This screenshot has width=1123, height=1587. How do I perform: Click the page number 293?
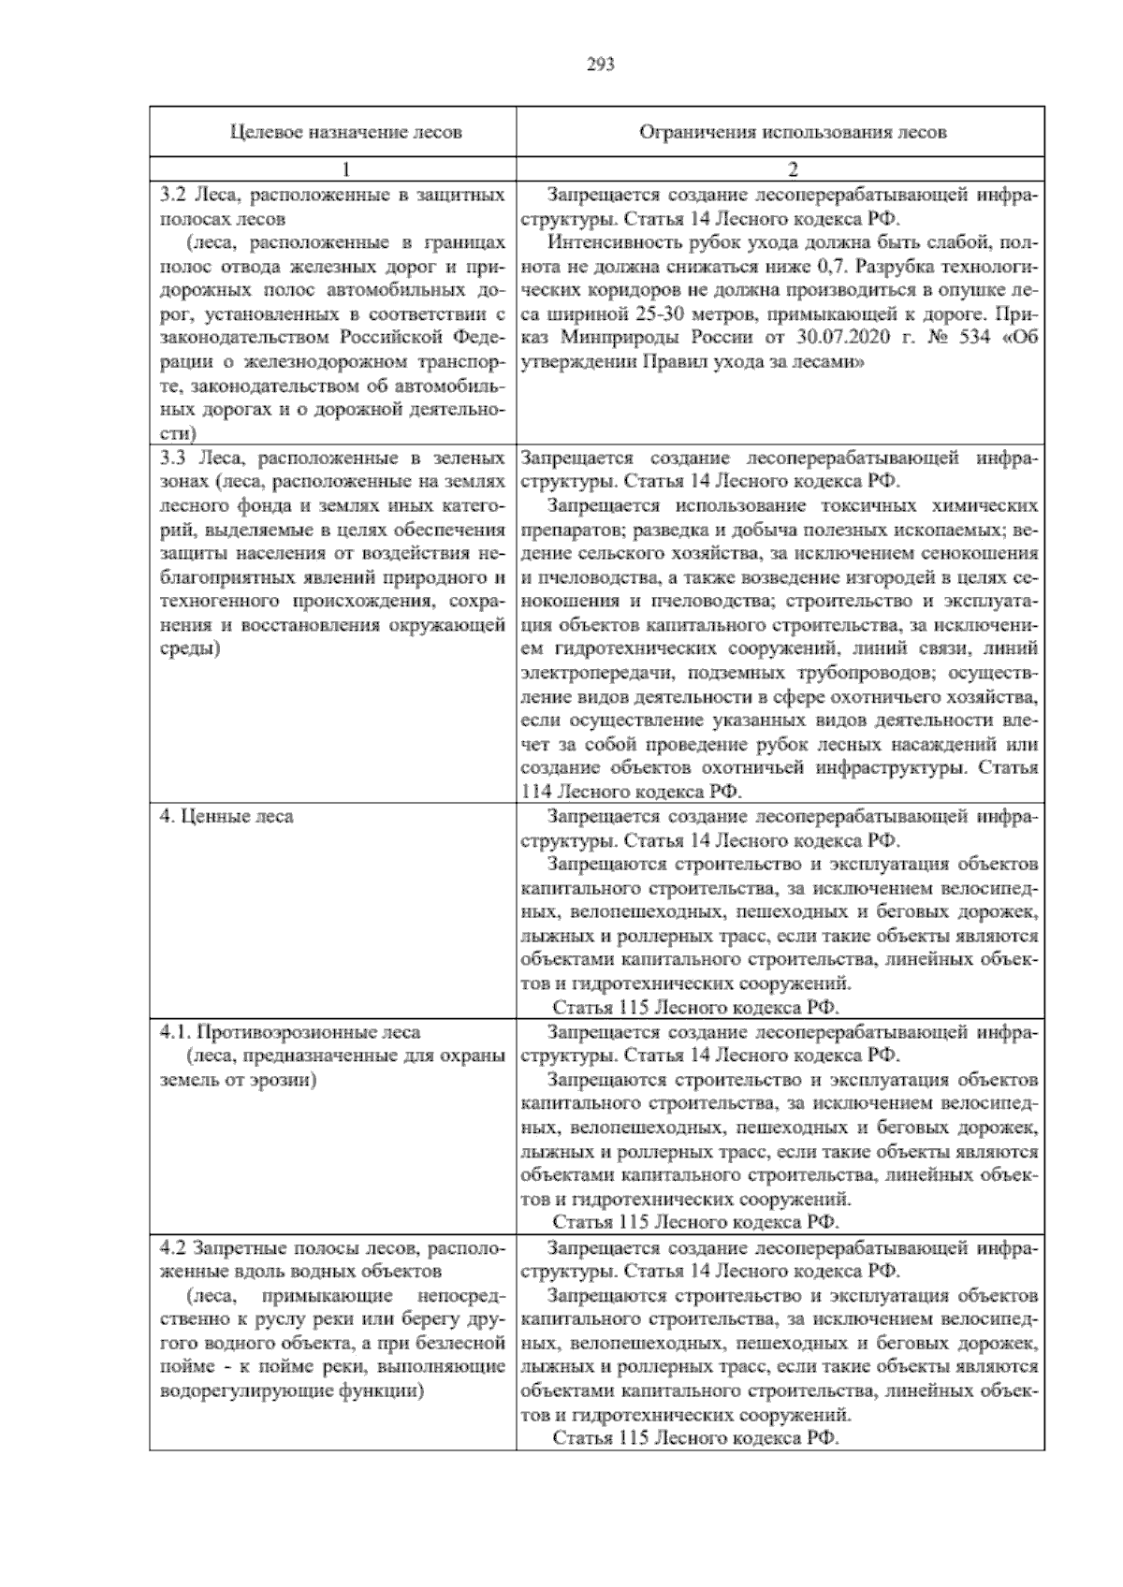pyautogui.click(x=600, y=65)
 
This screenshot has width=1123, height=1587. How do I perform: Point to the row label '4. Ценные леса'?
pyautogui.click(x=226, y=816)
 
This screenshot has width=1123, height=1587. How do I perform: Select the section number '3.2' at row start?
pyautogui.click(x=170, y=196)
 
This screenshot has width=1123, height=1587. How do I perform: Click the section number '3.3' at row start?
pyautogui.click(x=172, y=458)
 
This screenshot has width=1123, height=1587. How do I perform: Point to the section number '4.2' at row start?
pyautogui.click(x=170, y=1248)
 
